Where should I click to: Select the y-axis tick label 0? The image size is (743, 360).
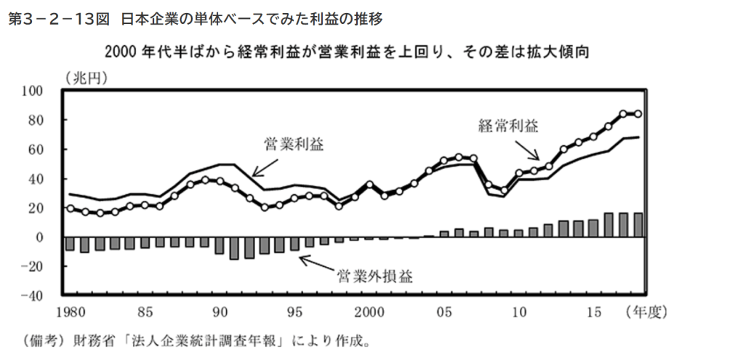pyautogui.click(x=41, y=238)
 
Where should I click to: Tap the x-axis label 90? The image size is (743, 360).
pyautogui.click(x=220, y=313)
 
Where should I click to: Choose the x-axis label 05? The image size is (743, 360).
pyautogui.click(x=444, y=313)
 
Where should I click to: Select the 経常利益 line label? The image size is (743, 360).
pyautogui.click(x=507, y=126)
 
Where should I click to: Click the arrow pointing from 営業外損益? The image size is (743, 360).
pyautogui.click(x=315, y=267)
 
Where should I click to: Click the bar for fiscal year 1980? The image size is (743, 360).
pyautogui.click(x=70, y=244)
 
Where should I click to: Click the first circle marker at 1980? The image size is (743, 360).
pyautogui.click(x=70, y=208)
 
